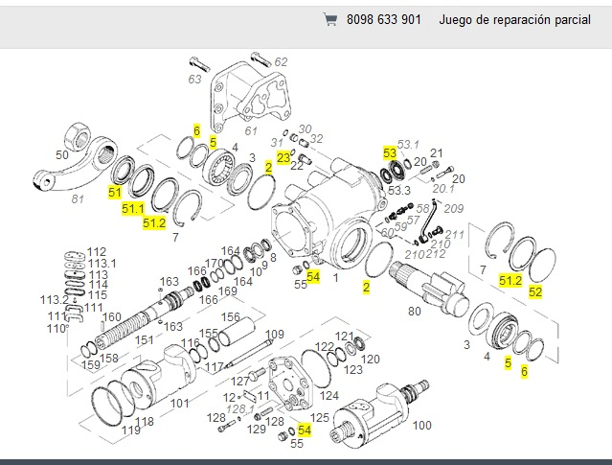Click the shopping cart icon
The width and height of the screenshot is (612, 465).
pyautogui.click(x=330, y=19)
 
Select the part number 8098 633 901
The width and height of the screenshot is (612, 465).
pyautogui.click(x=383, y=19)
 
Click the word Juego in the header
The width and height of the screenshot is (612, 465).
pyautogui.click(x=459, y=19)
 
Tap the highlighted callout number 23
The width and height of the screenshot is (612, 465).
pyautogui.click(x=283, y=156)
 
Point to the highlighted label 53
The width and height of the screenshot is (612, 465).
pyautogui.click(x=390, y=152)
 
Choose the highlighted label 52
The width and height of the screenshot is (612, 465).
pyautogui.click(x=535, y=291)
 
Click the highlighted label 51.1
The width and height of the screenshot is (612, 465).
pyautogui.click(x=133, y=208)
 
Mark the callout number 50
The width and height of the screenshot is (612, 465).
pyautogui.click(x=62, y=155)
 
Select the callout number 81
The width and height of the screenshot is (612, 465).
pyautogui.click(x=79, y=199)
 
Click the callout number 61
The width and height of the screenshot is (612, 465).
pyautogui.click(x=251, y=131)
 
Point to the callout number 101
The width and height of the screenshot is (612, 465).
pyautogui.click(x=179, y=403)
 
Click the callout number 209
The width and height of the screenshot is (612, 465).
pyautogui.click(x=454, y=208)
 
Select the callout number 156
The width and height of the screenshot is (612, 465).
pyautogui.click(x=230, y=317)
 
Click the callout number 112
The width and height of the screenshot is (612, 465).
pyautogui.click(x=97, y=252)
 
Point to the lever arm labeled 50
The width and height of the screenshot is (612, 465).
pyautogui.click(x=86, y=153)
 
